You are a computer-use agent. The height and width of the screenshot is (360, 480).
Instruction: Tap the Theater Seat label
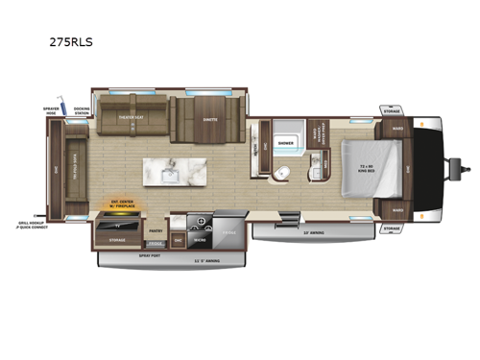(131, 118)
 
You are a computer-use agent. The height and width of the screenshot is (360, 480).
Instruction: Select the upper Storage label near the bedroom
(392, 111)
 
